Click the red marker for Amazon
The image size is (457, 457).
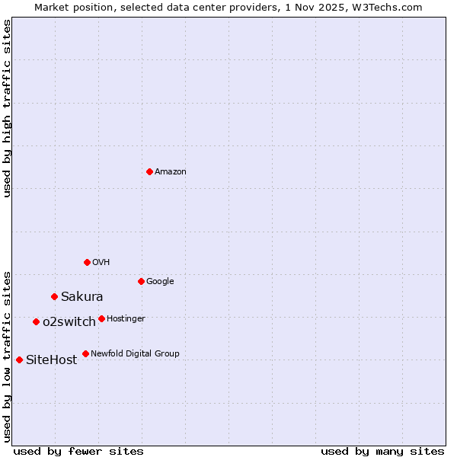point(149,171)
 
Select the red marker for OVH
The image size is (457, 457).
point(87,262)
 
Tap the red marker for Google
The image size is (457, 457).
point(141,281)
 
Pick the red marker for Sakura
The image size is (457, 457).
point(54,296)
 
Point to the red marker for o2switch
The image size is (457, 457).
point(36,321)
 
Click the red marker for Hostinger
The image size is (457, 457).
point(101,318)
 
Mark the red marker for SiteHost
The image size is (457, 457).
point(19,360)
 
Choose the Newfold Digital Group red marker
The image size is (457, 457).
point(85,353)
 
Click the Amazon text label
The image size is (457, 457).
point(171,172)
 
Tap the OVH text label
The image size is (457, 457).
point(101,263)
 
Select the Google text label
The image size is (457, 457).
point(160,282)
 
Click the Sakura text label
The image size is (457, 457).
point(82,297)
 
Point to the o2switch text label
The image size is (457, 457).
point(69,322)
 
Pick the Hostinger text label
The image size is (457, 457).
point(126,319)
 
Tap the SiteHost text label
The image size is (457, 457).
point(52,360)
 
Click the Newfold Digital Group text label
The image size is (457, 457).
point(135,354)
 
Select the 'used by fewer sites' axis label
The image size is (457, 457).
point(78,451)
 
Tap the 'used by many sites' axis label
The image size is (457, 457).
point(382,451)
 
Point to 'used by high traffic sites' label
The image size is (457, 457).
point(7,108)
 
